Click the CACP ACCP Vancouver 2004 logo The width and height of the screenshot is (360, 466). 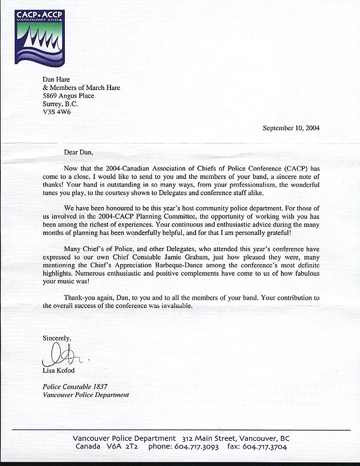coord(40,37)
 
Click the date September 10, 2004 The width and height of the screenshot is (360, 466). coord(296,127)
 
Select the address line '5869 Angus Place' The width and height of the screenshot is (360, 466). coord(68,95)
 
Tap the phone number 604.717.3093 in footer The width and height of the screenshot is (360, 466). coord(197,447)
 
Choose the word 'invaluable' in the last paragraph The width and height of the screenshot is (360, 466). coord(173,306)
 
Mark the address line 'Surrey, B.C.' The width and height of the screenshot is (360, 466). coord(60,104)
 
